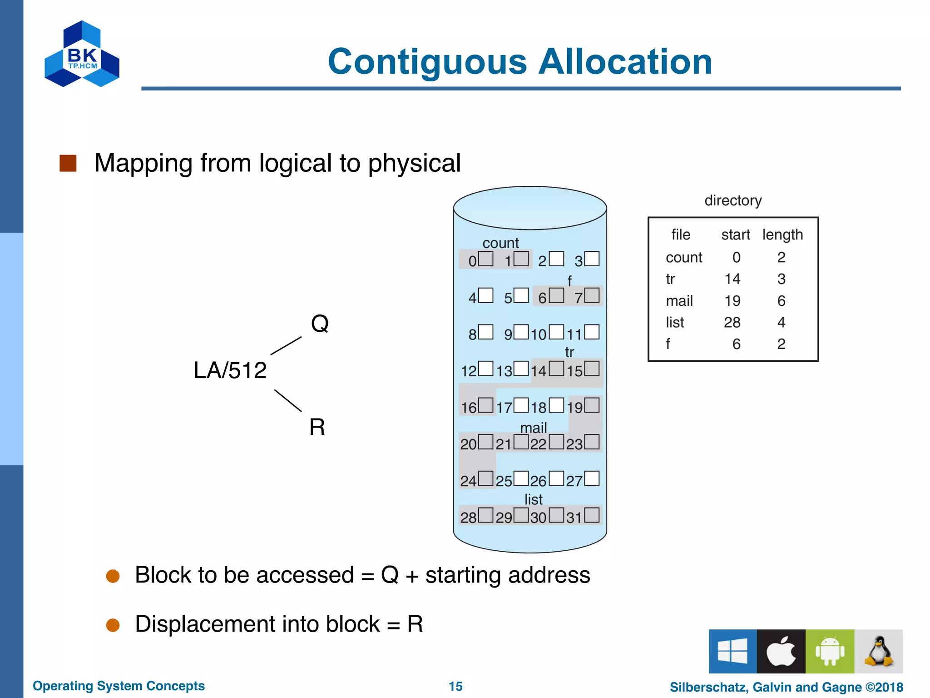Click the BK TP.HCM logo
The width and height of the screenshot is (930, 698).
82,55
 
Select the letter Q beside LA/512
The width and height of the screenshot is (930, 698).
320,324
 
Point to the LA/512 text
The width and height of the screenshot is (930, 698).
230,370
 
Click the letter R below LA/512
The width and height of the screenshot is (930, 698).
317,427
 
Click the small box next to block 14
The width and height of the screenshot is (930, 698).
556,369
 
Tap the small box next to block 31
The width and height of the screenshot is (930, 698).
592,515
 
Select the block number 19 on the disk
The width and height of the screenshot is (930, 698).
574,408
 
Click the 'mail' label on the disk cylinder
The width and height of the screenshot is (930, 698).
534,428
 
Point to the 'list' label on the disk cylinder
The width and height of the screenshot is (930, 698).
534,499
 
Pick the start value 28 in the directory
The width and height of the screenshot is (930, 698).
732,322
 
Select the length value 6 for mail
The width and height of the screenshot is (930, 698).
781,301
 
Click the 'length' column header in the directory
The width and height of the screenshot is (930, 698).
782,234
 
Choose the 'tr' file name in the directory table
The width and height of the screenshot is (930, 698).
670,279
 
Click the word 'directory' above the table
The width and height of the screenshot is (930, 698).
733,200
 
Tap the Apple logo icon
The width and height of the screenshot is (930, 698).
781,651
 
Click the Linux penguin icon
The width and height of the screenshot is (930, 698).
879,651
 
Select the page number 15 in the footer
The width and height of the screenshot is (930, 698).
455,686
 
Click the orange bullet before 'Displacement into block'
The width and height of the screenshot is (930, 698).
113,625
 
